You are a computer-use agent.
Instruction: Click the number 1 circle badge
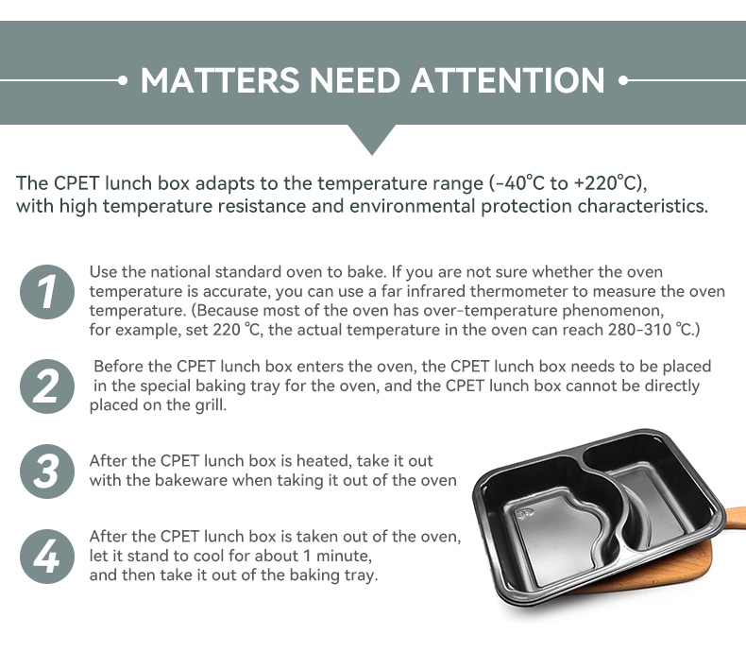[47, 292]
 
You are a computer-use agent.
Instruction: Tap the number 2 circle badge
[47, 386]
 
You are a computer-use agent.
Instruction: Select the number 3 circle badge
[47, 472]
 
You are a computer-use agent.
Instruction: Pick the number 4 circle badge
[47, 557]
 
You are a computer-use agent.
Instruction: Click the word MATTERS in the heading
[220, 80]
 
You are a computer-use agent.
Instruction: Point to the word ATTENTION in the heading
[508, 80]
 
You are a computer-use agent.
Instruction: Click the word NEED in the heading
[355, 80]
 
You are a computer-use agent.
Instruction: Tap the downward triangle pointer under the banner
[372, 140]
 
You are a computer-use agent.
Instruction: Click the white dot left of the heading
[123, 80]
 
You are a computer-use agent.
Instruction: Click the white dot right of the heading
[623, 80]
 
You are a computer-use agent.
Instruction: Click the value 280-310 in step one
[639, 330]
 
